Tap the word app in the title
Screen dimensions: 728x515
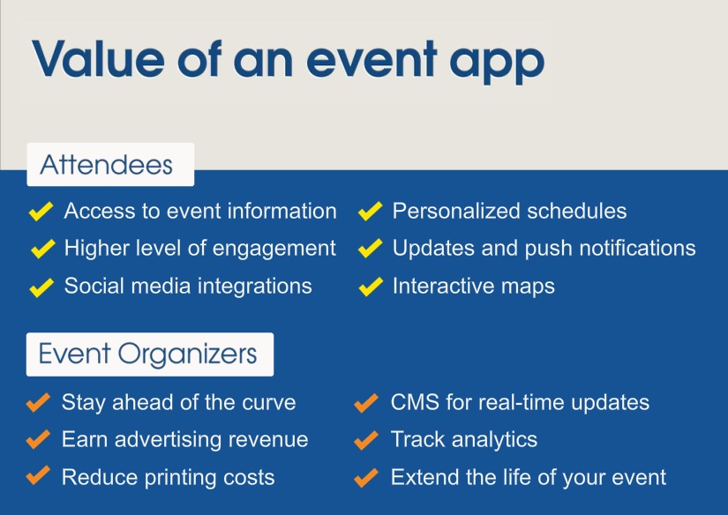click(x=497, y=63)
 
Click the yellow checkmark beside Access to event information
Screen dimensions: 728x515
click(x=41, y=211)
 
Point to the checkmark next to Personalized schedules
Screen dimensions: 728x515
click(x=371, y=211)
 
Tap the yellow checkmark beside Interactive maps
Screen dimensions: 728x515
click(x=371, y=287)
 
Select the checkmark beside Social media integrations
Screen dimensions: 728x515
click(x=41, y=287)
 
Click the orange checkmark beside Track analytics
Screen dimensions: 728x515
click(x=366, y=440)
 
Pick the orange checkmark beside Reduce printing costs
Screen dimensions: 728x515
click(x=38, y=475)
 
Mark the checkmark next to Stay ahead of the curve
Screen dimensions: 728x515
click(x=38, y=402)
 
